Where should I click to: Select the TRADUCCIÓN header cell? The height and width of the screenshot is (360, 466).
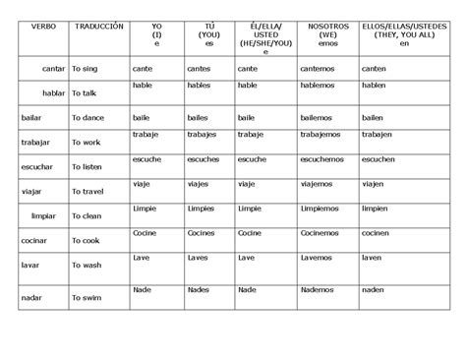[98, 25]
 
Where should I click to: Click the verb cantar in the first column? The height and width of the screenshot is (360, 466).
[53, 69]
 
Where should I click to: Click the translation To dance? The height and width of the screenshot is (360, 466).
[87, 118]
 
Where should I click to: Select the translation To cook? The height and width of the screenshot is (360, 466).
[87, 241]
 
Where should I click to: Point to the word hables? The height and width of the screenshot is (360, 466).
[200, 86]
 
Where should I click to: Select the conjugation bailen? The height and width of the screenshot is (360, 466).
[373, 117]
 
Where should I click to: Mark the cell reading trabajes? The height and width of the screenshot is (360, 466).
[203, 133]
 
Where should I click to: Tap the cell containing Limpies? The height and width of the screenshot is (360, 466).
[201, 209]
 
